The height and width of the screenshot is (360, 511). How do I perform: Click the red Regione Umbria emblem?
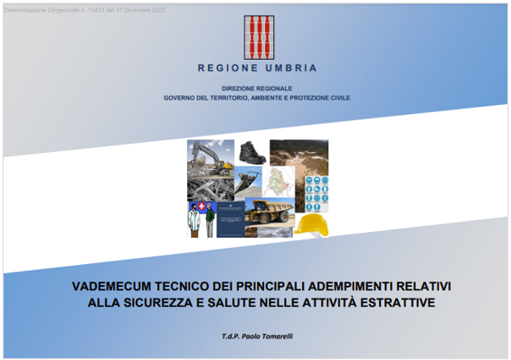[257, 37]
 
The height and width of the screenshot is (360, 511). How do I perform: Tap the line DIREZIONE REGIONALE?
[256, 89]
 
